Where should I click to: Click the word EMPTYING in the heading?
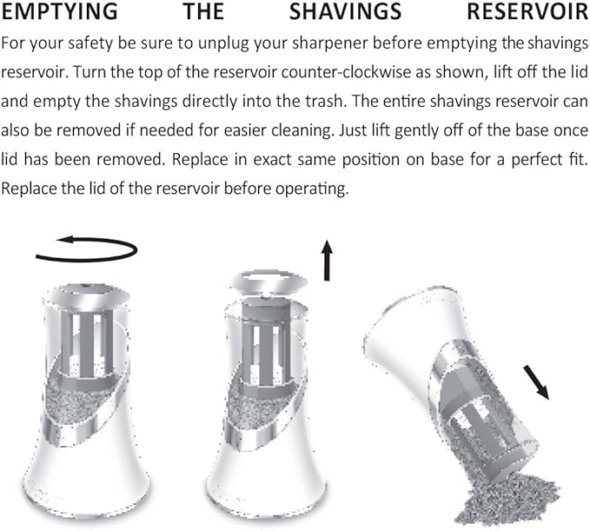click(x=59, y=11)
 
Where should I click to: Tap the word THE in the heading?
click(x=203, y=11)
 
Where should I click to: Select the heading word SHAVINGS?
click(x=346, y=11)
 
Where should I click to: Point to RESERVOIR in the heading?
click(x=528, y=11)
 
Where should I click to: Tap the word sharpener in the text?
click(x=329, y=44)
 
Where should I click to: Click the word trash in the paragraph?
click(x=327, y=101)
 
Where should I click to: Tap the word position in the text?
click(x=371, y=160)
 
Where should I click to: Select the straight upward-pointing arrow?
click(x=327, y=260)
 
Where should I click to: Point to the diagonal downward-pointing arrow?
click(x=536, y=382)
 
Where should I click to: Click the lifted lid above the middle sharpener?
click(x=268, y=282)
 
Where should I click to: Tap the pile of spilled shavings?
click(x=506, y=501)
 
